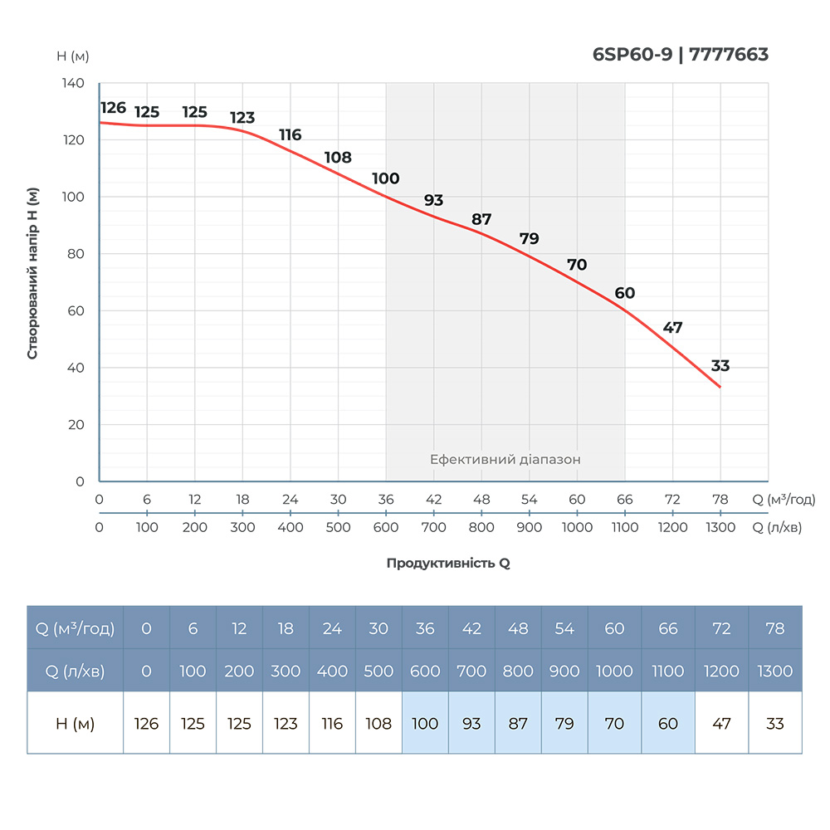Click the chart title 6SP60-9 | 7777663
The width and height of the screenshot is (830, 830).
tap(681, 55)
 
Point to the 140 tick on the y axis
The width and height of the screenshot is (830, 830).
tap(73, 83)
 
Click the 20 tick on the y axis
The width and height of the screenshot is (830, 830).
tap(76, 424)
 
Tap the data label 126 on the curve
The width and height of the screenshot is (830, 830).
tap(113, 108)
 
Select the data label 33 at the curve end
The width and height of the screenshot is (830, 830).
tap(720, 366)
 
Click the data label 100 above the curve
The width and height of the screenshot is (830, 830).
tap(386, 178)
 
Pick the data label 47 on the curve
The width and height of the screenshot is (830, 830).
tap(672, 327)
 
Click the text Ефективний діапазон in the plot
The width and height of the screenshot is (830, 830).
tap(505, 459)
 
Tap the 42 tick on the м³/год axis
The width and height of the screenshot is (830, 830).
tap(433, 500)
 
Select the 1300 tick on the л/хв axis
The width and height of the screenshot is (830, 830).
tap(720, 527)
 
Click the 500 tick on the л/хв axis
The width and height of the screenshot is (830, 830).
tap(338, 527)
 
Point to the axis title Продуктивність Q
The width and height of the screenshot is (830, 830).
tap(448, 563)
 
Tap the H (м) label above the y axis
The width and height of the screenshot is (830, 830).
tap(73, 56)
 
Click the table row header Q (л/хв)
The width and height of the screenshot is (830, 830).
tap(76, 671)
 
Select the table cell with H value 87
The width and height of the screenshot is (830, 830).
tap(518, 724)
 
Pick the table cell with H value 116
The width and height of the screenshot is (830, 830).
tap(332, 724)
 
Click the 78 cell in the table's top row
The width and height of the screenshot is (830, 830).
tap(774, 628)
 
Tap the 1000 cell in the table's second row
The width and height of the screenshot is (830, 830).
tap(614, 671)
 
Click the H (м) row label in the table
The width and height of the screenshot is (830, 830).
tap(76, 724)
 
